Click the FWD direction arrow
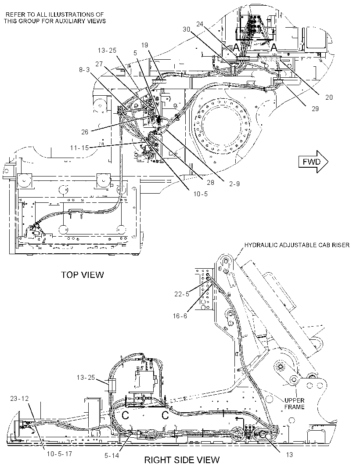pos(313,162)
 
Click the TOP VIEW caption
pos(83,274)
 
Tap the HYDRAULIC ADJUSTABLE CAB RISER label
pos(297,245)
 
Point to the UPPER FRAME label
pos(294,403)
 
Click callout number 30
pos(187,29)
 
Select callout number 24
pos(200,24)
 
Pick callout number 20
pos(329,97)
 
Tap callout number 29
pos(315,108)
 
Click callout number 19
pos(144,45)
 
